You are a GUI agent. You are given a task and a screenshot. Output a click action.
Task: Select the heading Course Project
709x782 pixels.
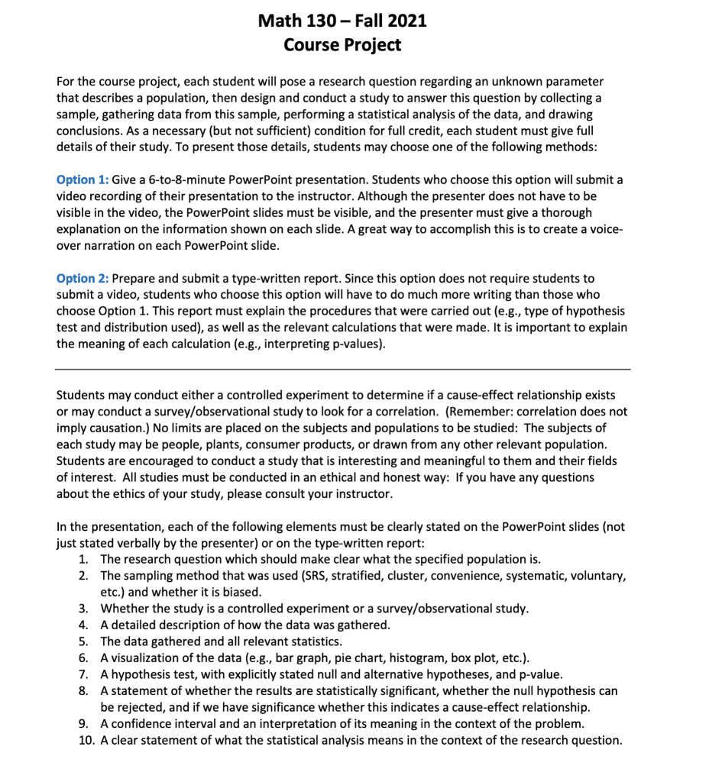tap(342, 45)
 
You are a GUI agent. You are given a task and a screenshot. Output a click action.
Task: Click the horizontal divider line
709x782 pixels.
tap(343, 370)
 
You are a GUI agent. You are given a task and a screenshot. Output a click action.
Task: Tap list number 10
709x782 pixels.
tap(86, 739)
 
